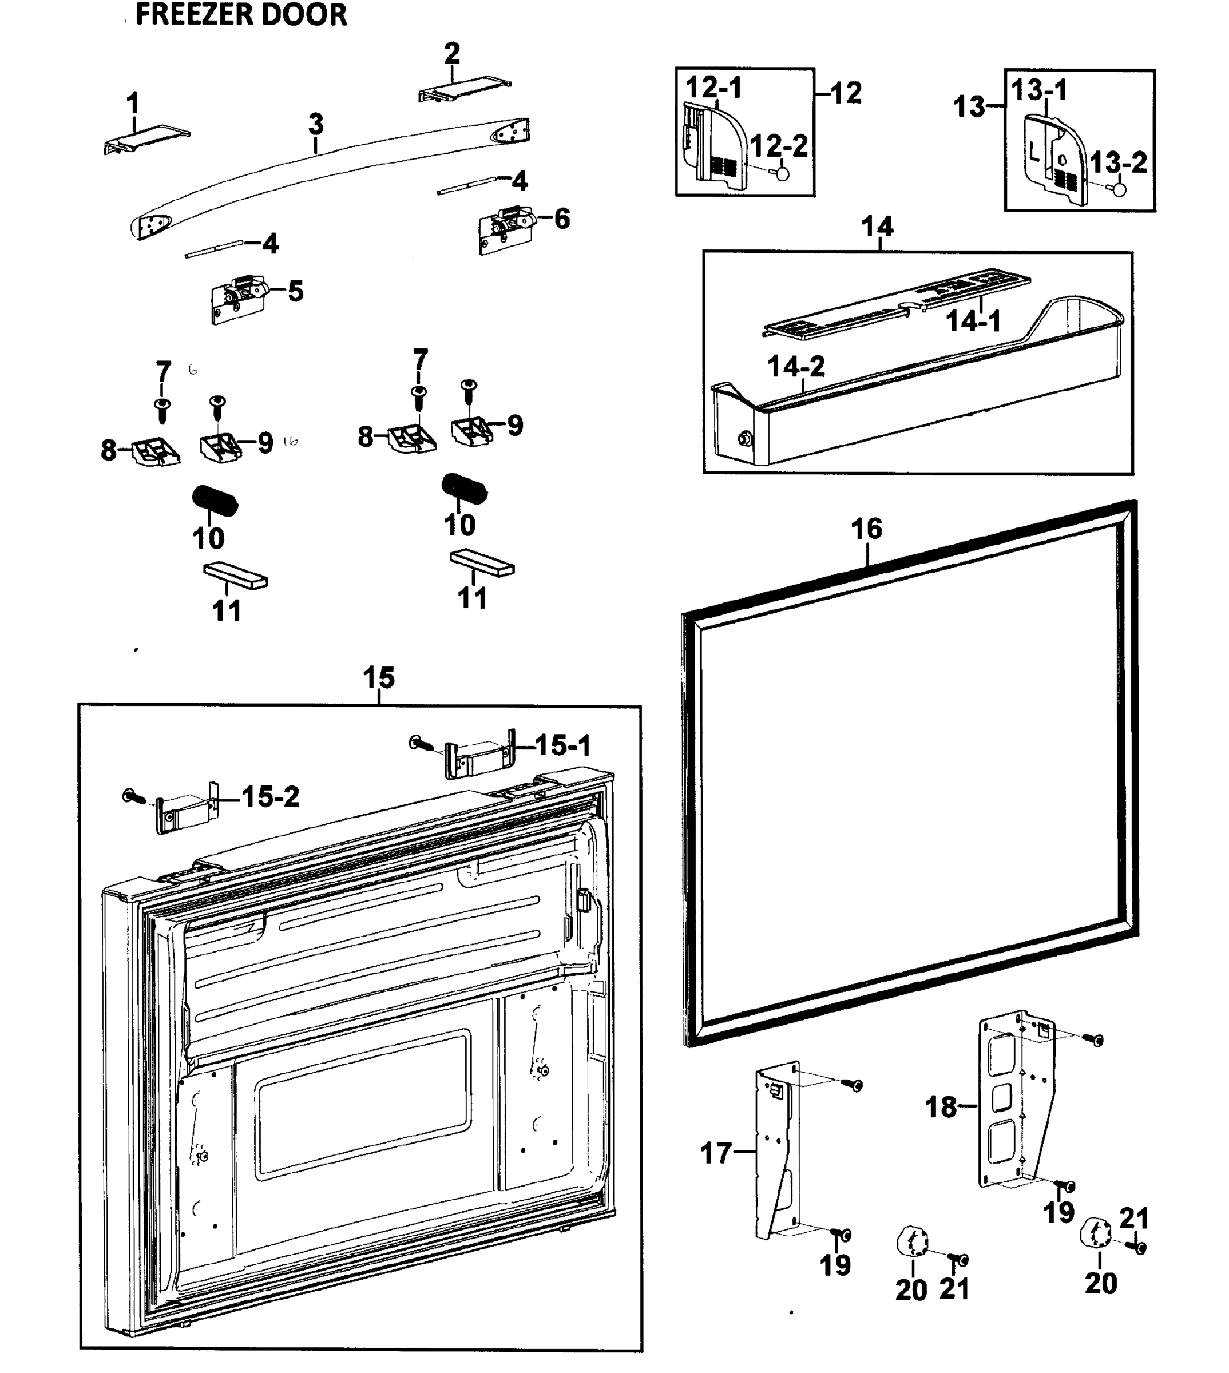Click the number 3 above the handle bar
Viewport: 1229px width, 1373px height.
[x=316, y=124]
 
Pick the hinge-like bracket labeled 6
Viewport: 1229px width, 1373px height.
[x=506, y=229]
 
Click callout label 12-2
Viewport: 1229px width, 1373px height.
[x=779, y=146]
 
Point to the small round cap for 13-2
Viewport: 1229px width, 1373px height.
[x=1119, y=188]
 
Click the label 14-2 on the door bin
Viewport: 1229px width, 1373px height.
[x=796, y=367]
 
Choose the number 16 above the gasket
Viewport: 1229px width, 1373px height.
[x=866, y=529]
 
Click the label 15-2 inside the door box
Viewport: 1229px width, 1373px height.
[x=270, y=797]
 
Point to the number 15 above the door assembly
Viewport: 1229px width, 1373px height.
[x=378, y=677]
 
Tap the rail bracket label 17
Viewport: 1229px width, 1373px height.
[x=716, y=1153]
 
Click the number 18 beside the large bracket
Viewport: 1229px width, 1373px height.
[x=941, y=1106]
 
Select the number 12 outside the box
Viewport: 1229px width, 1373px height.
[x=846, y=93]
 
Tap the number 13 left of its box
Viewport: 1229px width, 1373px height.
[x=970, y=106]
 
